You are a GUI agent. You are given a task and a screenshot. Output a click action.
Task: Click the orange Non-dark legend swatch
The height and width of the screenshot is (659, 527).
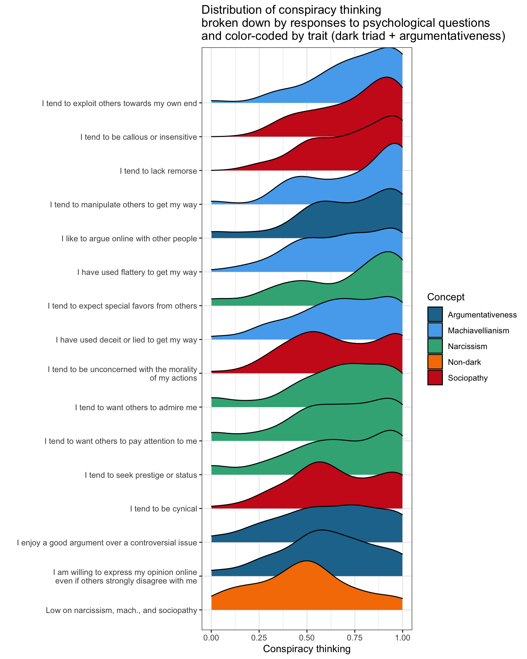435,362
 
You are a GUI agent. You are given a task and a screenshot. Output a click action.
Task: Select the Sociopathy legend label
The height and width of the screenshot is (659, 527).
468,378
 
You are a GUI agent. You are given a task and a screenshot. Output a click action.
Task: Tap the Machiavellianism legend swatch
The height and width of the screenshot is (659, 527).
435,330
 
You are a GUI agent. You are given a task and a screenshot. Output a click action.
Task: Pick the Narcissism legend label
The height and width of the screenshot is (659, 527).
467,346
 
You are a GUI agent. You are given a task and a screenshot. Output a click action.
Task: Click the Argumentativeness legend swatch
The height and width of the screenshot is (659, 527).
435,314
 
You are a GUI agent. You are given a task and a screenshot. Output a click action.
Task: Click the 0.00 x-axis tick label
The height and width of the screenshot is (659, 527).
211,638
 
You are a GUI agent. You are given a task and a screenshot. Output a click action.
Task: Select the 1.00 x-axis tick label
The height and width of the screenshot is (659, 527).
402,638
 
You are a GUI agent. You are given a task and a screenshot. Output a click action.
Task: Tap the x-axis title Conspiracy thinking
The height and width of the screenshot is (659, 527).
307,649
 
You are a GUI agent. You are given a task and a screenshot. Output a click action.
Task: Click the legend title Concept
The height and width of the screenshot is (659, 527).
446,297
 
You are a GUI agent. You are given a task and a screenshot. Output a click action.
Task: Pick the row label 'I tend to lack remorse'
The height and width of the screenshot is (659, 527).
158,171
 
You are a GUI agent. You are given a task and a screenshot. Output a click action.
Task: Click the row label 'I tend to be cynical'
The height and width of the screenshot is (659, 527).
164,509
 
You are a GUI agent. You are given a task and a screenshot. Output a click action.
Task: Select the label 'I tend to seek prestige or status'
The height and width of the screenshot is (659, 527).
141,475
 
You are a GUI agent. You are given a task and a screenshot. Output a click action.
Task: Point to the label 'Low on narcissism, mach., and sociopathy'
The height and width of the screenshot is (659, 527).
121,610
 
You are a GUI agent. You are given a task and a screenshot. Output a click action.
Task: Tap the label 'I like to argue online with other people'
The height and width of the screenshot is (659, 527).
129,239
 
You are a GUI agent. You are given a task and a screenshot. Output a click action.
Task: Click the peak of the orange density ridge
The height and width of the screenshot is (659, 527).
306,561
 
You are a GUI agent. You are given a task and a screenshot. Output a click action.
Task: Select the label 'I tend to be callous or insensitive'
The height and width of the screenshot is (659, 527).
139,137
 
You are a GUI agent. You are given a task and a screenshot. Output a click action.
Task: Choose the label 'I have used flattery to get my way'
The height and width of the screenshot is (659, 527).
137,273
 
